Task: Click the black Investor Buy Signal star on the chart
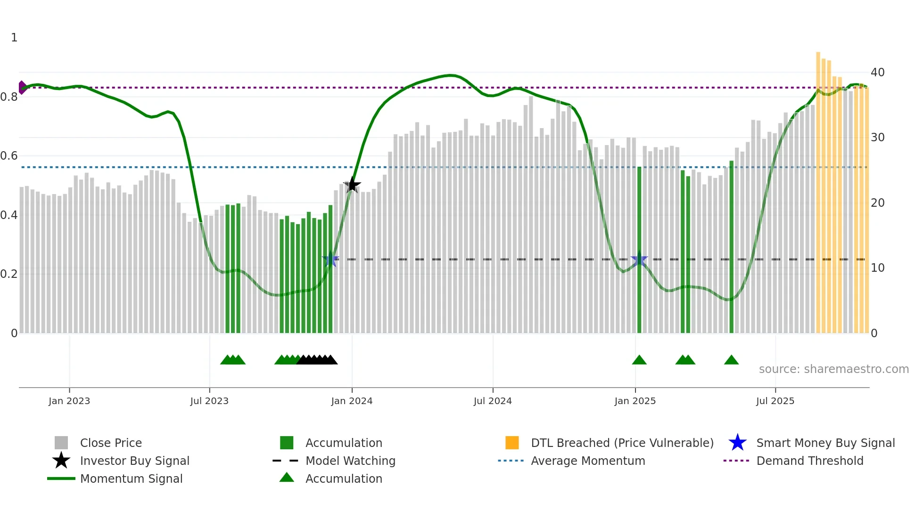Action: pyautogui.click(x=352, y=185)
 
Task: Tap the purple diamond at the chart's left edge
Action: pyautogui.click(x=22, y=88)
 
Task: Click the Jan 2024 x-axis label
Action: pyautogui.click(x=352, y=401)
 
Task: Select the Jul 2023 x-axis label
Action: pyautogui.click(x=209, y=401)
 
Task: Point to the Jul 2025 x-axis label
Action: pyautogui.click(x=775, y=401)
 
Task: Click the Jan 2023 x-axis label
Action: pyautogui.click(x=69, y=401)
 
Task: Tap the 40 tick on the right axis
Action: pyautogui.click(x=877, y=73)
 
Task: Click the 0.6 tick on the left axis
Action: pyautogui.click(x=9, y=156)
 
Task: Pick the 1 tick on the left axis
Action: pyautogui.click(x=14, y=38)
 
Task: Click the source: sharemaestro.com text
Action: pyautogui.click(x=833, y=369)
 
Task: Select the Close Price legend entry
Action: pyautogui.click(x=111, y=443)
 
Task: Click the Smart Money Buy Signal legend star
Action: pyautogui.click(x=737, y=443)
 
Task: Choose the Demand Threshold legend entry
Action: pyautogui.click(x=809, y=461)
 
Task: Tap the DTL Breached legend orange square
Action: pyautogui.click(x=512, y=443)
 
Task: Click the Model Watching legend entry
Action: pyautogui.click(x=350, y=461)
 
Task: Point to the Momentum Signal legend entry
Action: pyautogui.click(x=131, y=479)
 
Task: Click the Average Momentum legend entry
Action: pyautogui.click(x=588, y=461)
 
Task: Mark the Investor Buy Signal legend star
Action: pyautogui.click(x=61, y=461)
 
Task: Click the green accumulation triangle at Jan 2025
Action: pyautogui.click(x=639, y=360)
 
